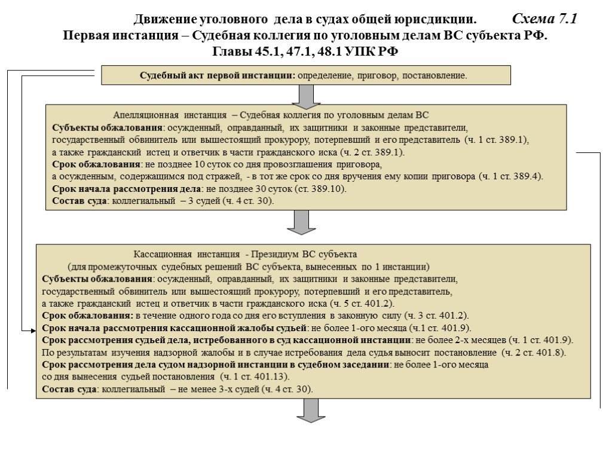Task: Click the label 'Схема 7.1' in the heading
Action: tap(544, 19)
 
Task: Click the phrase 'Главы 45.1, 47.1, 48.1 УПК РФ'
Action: tap(305, 51)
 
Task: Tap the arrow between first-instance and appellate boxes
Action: tap(305, 96)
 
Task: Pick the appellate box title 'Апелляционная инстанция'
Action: tap(169, 115)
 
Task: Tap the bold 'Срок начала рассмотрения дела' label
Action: tap(126, 189)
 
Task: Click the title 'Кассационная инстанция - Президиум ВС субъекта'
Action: tap(244, 254)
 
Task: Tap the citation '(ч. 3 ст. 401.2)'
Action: tap(436, 316)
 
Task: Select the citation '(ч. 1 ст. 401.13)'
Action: tap(255, 377)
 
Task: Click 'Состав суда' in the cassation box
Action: tap(69, 389)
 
